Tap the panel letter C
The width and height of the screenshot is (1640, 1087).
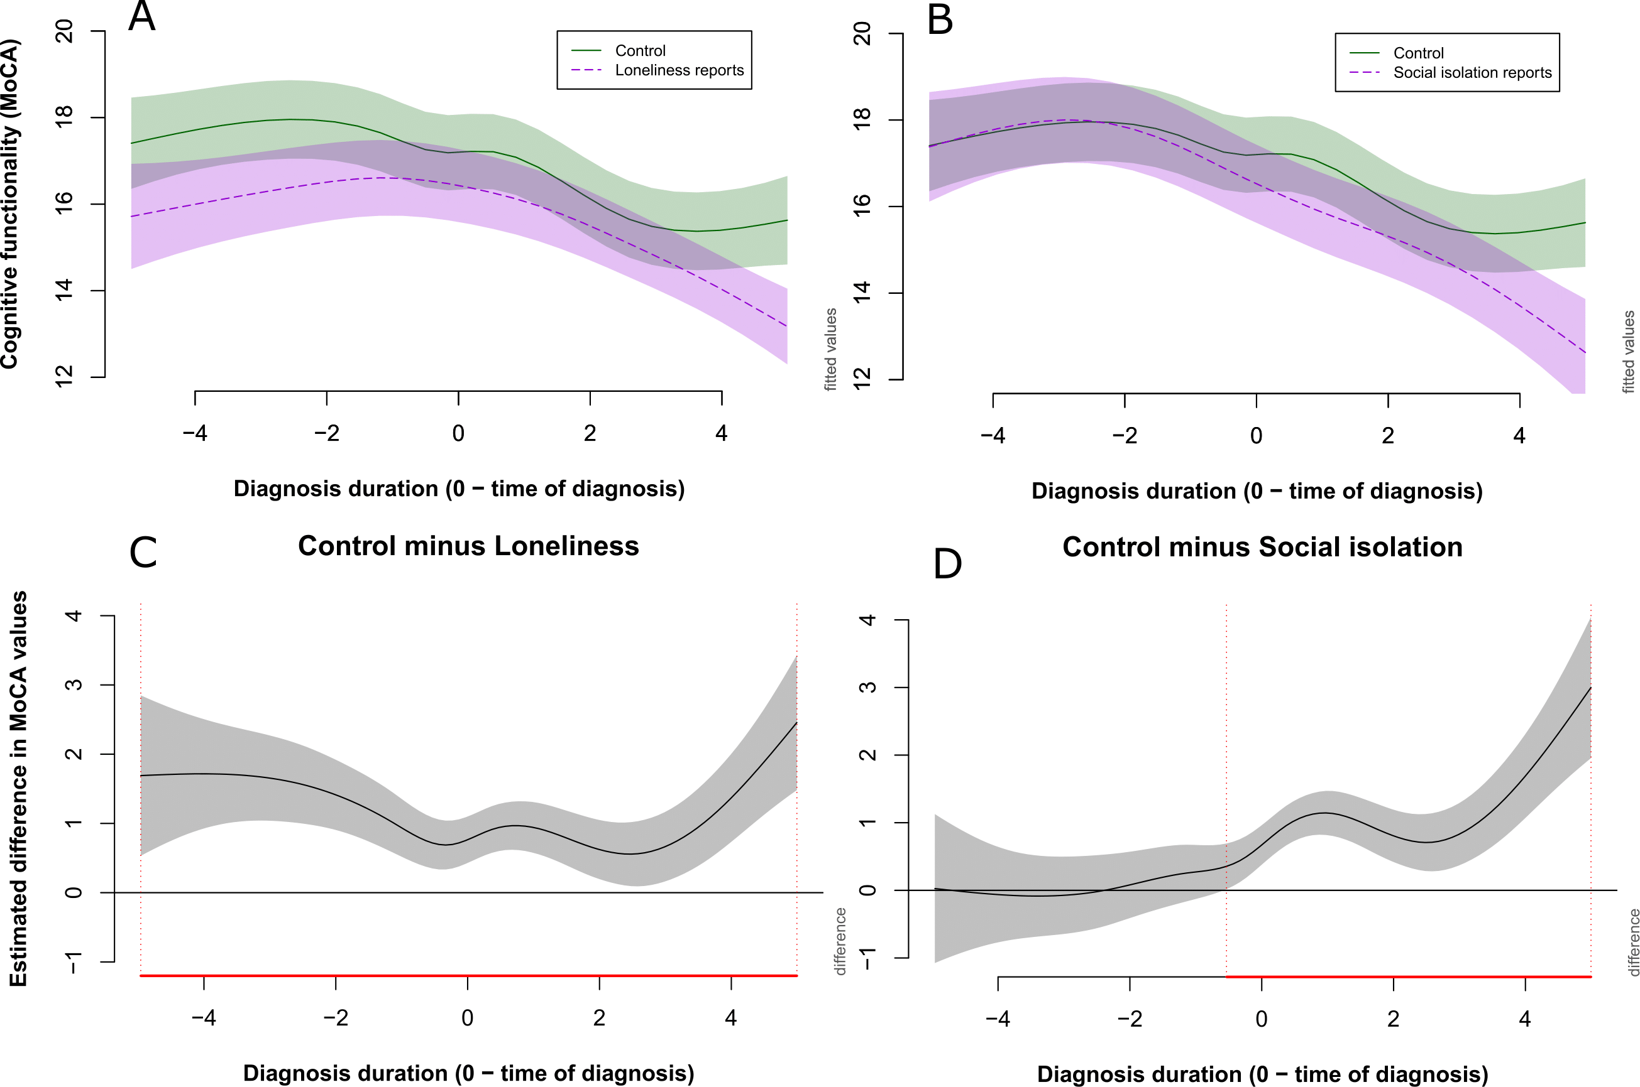[x=143, y=553]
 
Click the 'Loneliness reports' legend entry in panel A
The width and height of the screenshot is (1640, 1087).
[x=678, y=71]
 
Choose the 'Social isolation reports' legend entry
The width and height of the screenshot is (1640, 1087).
[x=1472, y=73]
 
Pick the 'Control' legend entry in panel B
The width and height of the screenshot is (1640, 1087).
[x=1418, y=53]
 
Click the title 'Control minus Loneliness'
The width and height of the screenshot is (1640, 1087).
[x=468, y=546]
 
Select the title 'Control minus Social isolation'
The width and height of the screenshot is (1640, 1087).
[x=1262, y=548]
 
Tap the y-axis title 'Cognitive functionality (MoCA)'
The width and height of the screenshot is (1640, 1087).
[x=9, y=205]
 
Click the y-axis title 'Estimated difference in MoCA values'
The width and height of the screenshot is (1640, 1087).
[x=18, y=788]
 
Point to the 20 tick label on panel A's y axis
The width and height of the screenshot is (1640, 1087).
[x=65, y=31]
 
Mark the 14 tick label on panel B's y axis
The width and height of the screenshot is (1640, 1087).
[x=862, y=293]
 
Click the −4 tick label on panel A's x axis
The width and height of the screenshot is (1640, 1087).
[x=195, y=434]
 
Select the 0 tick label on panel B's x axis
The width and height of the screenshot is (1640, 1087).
[x=1256, y=436]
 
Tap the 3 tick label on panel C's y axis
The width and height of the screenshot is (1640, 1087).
[x=74, y=685]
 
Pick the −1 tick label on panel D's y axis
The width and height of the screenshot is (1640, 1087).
[x=868, y=958]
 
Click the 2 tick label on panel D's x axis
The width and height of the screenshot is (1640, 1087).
[x=1392, y=1019]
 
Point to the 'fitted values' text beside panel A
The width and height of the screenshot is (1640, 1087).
[x=830, y=349]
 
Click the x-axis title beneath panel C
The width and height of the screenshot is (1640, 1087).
[x=468, y=1073]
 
